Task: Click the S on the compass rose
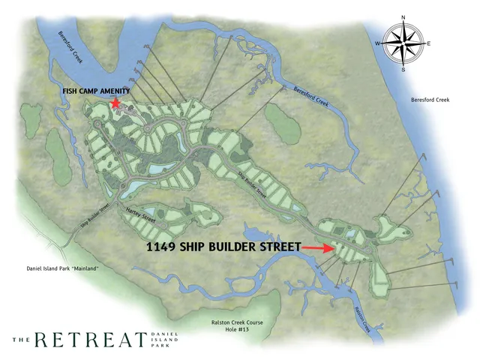click(x=403, y=70)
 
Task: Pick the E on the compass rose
click(x=430, y=44)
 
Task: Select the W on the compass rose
click(x=379, y=43)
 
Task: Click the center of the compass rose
click(x=403, y=43)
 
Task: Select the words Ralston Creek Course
click(x=238, y=322)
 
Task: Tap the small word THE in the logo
click(x=20, y=340)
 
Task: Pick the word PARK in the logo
click(x=157, y=346)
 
